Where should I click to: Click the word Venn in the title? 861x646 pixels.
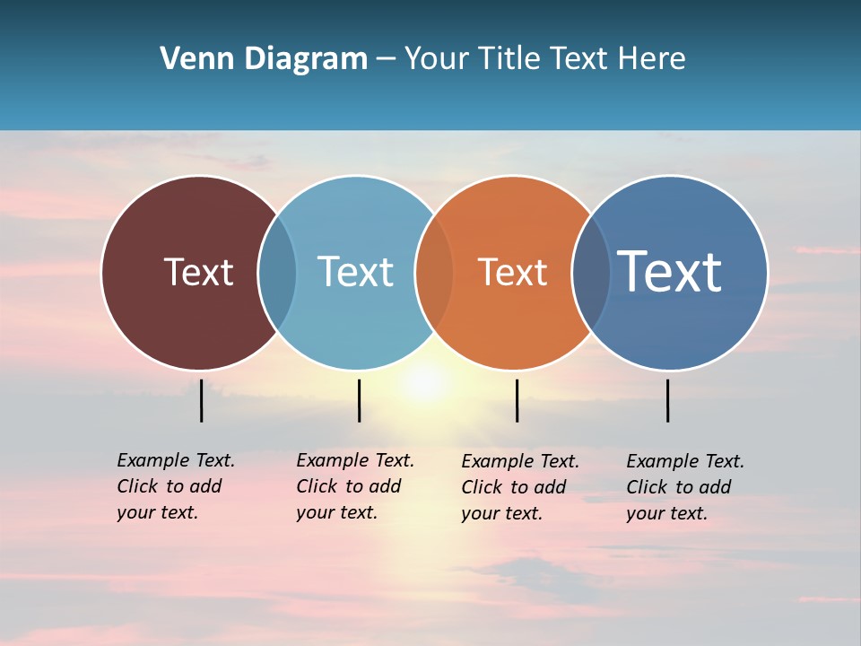pos(190,59)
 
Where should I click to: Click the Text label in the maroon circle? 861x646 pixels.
pos(198,272)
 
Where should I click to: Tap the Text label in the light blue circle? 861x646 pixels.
pos(355,272)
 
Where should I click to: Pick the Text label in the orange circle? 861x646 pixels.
pos(512,272)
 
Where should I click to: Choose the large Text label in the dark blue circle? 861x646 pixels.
pos(669,272)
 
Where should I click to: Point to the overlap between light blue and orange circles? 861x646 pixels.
pos(434,272)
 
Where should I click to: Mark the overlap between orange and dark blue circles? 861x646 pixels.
pos(591,272)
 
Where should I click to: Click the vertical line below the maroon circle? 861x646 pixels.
pos(202,400)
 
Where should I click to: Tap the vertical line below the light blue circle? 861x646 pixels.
pos(359,400)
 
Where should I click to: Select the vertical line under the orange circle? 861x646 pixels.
pos(517,400)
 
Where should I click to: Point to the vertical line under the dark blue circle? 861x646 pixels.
pos(667,400)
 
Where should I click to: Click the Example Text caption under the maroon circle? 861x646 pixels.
pos(175,486)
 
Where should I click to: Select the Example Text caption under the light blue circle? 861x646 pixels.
pos(354,486)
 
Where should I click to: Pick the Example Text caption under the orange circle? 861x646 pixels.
pos(519,487)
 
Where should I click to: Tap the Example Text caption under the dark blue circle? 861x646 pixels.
pos(684,487)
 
